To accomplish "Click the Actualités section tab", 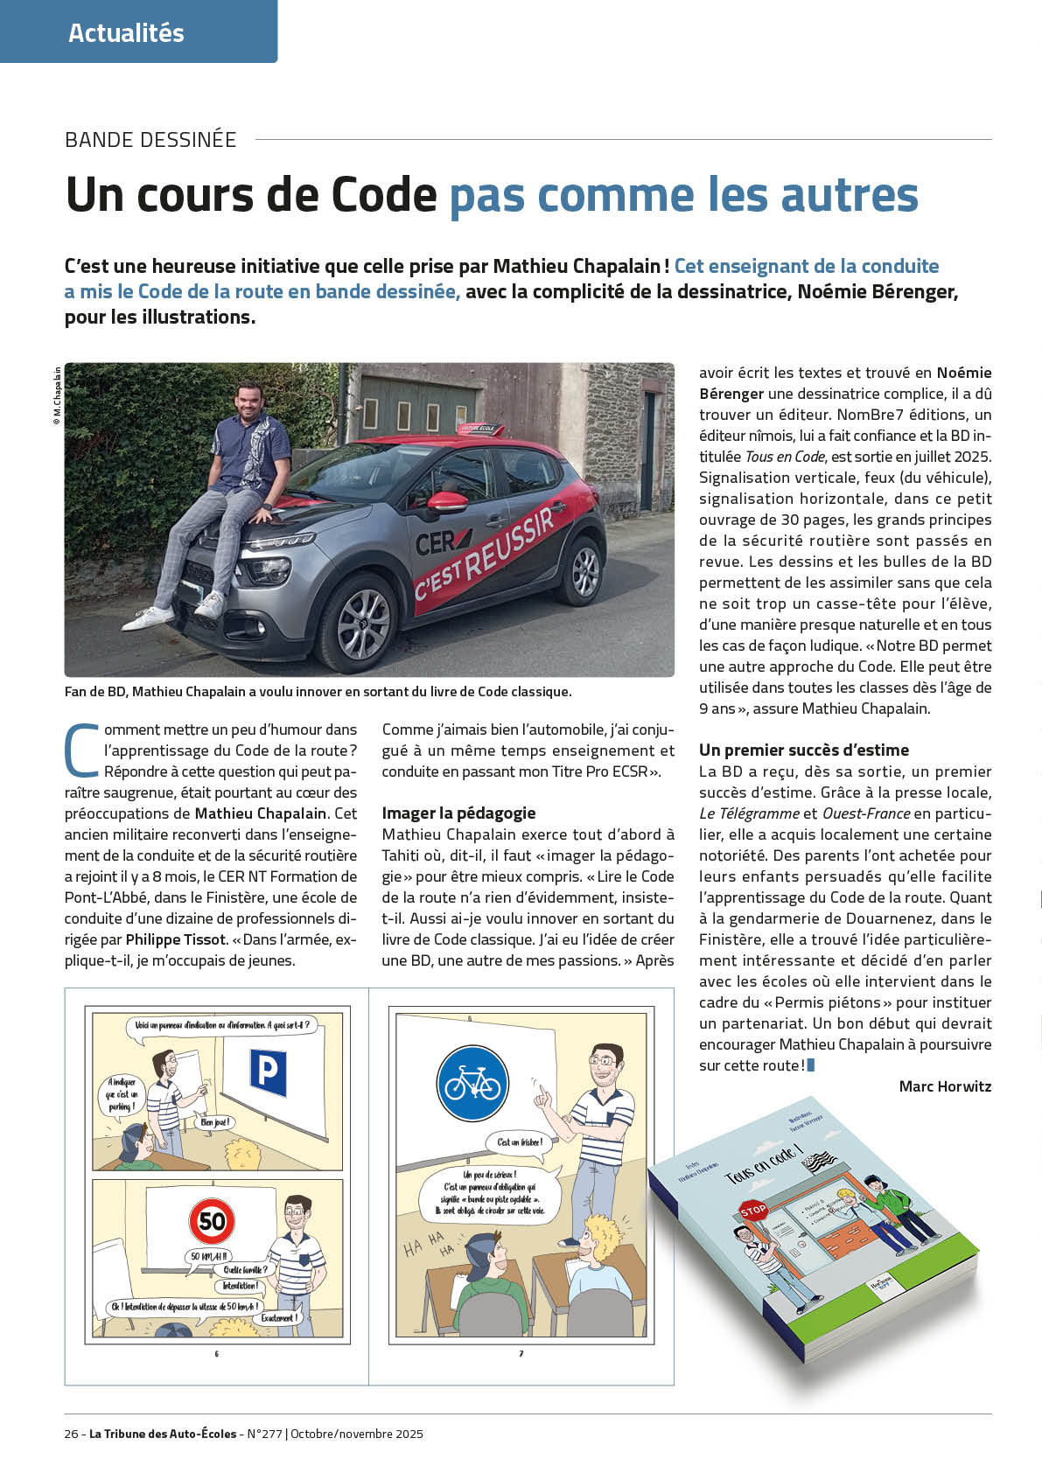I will (127, 33).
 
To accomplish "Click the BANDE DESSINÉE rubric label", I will (150, 140).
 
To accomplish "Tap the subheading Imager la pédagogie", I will (458, 813).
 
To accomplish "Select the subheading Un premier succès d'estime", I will (803, 750).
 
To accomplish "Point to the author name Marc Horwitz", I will (945, 1086).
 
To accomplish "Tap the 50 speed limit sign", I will (213, 1220).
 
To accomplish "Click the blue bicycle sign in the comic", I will (472, 1086).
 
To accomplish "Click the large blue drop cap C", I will (81, 750).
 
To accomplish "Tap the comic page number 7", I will (521, 1353).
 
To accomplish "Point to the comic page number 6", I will (217, 1353).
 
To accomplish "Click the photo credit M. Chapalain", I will (57, 396).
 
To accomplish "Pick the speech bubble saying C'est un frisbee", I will (520, 1141).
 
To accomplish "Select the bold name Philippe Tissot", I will (176, 939).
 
